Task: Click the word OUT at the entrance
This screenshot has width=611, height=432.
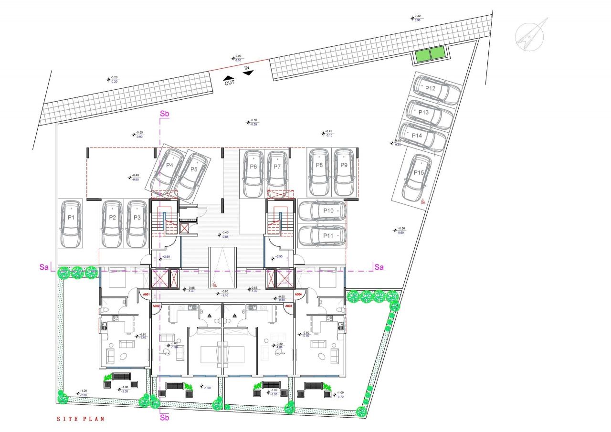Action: [x=230, y=82]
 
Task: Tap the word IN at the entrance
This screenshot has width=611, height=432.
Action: [x=247, y=69]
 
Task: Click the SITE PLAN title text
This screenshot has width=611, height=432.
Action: [x=80, y=419]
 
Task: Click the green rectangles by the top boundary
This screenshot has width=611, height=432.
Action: [x=430, y=54]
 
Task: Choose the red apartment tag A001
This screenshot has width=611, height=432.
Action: [x=146, y=295]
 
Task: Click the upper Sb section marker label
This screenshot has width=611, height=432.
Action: [x=165, y=114]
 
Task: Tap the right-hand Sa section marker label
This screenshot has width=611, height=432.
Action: [x=379, y=267]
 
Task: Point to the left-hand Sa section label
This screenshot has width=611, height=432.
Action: [x=44, y=267]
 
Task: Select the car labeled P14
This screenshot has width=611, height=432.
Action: [x=422, y=136]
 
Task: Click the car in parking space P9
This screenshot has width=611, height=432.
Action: [x=344, y=172]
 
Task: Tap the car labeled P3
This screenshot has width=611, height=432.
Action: [x=137, y=224]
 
